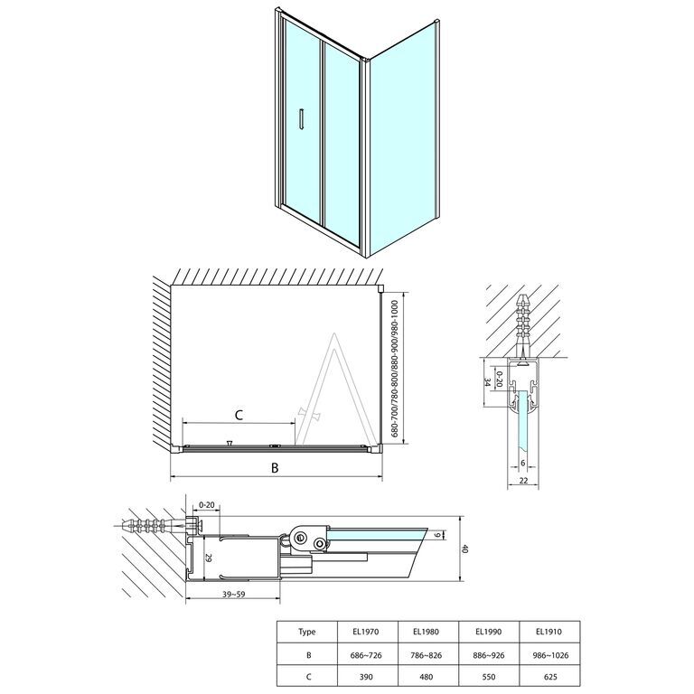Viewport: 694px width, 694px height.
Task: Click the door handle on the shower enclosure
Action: coord(302,118)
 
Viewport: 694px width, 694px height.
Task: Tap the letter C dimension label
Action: coord(239,415)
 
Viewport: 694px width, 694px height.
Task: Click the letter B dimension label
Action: coord(275,467)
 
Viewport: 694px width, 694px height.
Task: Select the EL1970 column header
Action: coord(367,632)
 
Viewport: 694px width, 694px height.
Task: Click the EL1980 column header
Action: coord(427,632)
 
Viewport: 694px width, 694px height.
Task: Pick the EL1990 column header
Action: coord(488,632)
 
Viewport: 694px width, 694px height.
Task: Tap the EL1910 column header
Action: coord(549,632)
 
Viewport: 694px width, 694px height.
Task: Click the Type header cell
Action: coord(306,632)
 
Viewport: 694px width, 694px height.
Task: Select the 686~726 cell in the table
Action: coord(367,655)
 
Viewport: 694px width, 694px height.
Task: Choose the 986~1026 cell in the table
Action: coord(549,655)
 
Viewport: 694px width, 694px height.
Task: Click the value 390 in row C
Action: coord(367,677)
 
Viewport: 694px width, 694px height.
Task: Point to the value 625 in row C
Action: coord(549,677)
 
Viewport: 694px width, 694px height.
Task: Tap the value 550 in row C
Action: coord(488,677)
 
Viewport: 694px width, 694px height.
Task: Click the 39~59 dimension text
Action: coord(235,595)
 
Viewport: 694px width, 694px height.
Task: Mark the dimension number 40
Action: coord(464,549)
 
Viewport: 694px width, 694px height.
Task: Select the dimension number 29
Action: coord(210,558)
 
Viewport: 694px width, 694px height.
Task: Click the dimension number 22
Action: coord(523,481)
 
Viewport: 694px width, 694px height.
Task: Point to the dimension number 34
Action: coord(487,382)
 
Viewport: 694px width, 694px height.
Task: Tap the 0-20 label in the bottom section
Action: coord(207,504)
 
